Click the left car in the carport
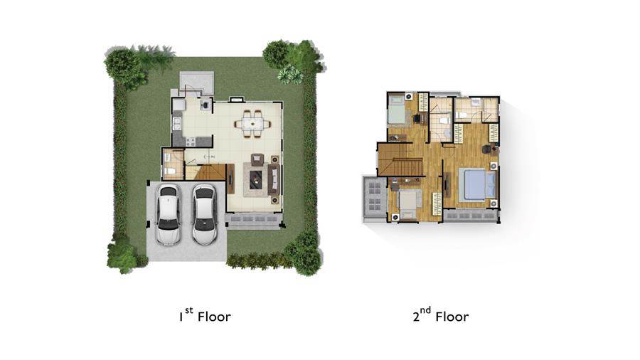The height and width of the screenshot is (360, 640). click(x=168, y=215)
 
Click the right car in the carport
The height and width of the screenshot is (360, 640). click(x=204, y=215)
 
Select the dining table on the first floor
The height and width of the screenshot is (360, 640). click(x=252, y=123)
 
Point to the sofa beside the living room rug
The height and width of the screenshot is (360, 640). click(x=274, y=180)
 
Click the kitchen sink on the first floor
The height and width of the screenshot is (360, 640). click(x=177, y=124)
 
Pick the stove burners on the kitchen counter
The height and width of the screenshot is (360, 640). click(x=190, y=142)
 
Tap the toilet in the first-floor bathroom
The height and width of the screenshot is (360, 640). click(x=169, y=170)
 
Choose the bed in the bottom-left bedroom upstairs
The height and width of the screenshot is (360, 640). click(x=410, y=203)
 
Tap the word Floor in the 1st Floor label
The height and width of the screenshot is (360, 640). click(x=214, y=317)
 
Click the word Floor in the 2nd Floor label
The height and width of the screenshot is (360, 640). click(x=452, y=317)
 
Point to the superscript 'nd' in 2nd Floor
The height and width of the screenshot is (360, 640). click(x=425, y=310)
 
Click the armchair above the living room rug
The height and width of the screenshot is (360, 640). click(x=257, y=159)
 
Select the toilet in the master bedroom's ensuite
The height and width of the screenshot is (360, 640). click(x=460, y=115)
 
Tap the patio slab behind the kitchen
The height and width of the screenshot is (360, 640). click(x=197, y=83)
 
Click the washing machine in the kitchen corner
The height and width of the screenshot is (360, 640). click(x=206, y=105)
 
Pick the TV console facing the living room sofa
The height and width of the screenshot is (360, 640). click(x=230, y=179)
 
